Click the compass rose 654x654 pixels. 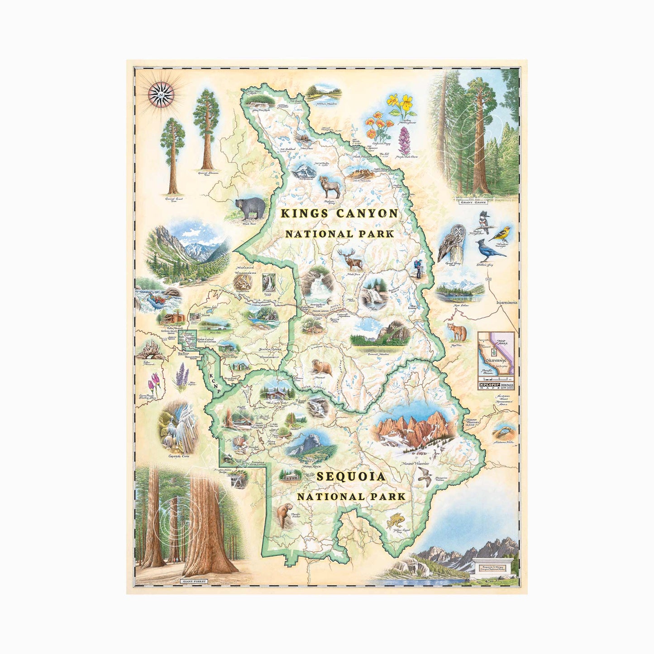pyautogui.click(x=161, y=95)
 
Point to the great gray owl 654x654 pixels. pyautogui.click(x=449, y=243)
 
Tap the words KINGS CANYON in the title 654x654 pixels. pyautogui.click(x=339, y=214)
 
